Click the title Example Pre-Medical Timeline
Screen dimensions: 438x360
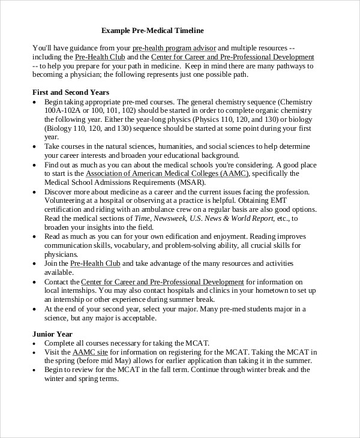pos(152,30)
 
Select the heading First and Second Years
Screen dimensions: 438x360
pos(70,92)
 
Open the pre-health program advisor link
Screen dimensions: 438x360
pos(174,47)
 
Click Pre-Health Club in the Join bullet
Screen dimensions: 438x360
pos(95,263)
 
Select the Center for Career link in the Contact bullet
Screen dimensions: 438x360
pos(163,281)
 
